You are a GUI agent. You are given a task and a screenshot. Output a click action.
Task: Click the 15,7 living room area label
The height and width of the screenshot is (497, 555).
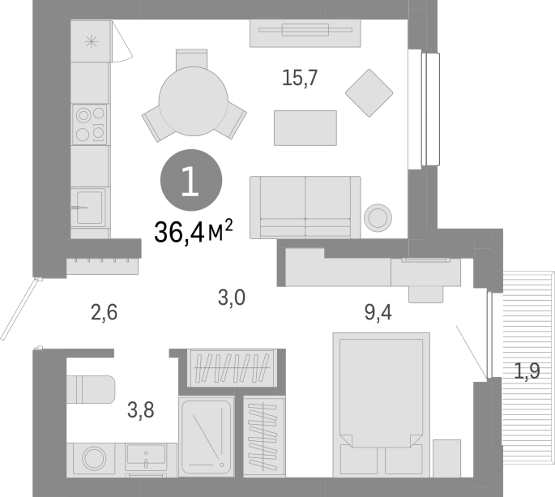300,78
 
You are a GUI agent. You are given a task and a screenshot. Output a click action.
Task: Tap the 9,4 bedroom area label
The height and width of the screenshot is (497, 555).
378,312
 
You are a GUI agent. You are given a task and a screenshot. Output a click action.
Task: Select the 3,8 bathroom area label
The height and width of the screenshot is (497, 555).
140,410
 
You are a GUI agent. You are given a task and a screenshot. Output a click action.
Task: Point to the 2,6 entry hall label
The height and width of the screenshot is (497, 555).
104,312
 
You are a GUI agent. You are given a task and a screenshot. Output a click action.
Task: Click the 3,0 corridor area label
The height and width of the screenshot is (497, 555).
232,298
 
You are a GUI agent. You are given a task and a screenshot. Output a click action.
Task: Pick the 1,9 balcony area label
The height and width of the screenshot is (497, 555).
527,371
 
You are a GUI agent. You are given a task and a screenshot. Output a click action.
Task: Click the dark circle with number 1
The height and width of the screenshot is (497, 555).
191,180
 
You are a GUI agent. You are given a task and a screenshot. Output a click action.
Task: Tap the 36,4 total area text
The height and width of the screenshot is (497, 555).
194,232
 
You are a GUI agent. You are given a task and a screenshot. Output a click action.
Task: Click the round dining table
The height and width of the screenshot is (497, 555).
194,101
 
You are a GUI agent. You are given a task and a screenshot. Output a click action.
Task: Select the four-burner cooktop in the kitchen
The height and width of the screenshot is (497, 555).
90,124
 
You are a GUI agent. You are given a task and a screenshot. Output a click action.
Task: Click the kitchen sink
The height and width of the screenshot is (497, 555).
88,208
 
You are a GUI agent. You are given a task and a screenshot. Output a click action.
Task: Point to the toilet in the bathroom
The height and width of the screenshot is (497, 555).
91,389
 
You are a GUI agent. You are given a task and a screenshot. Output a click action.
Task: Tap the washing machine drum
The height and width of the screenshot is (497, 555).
94,458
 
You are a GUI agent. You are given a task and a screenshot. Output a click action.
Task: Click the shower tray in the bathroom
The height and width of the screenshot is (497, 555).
207,437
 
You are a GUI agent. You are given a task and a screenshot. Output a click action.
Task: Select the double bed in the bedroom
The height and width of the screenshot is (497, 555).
382,405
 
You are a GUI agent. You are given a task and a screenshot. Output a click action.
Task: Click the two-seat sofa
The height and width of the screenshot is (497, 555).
305,208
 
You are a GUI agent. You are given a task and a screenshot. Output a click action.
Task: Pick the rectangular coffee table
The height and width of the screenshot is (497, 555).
305,128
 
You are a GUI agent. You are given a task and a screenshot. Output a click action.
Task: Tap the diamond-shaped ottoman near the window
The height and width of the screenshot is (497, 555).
369,92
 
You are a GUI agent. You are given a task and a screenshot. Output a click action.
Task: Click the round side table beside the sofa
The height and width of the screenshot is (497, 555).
378,218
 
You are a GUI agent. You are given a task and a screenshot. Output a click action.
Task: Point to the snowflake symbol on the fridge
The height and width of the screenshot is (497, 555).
92,42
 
